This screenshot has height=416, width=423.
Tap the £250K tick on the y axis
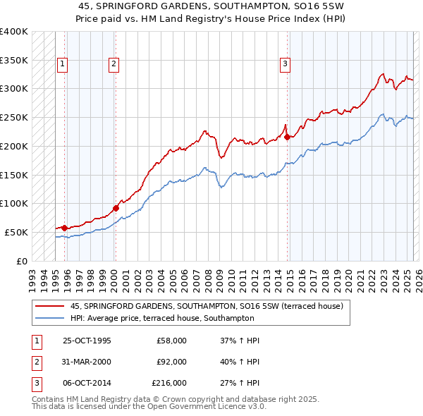click(x=14, y=117)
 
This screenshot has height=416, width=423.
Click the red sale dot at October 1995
click(x=64, y=228)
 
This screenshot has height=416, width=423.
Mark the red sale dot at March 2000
click(x=116, y=208)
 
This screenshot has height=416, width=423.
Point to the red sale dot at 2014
click(x=288, y=137)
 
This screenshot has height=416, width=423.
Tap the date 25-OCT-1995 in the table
click(x=87, y=341)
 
